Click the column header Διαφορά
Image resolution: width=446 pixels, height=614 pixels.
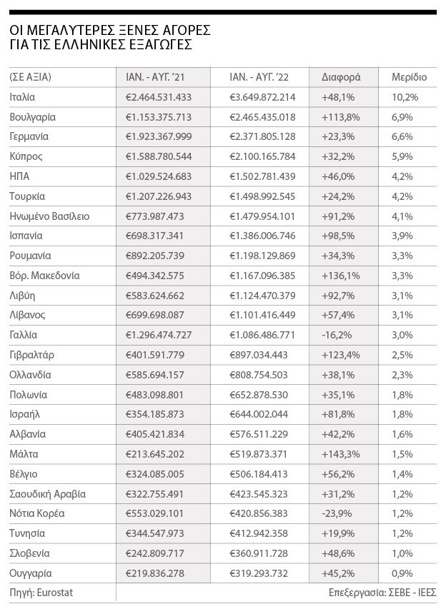341,77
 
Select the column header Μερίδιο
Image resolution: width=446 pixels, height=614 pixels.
410,77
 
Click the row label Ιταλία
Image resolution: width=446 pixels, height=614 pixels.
23,96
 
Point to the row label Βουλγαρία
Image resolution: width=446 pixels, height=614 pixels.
33,116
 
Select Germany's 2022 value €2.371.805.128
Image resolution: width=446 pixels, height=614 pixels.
262,136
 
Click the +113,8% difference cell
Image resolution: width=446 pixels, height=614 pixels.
341,116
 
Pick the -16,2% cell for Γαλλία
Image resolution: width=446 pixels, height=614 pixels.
337,335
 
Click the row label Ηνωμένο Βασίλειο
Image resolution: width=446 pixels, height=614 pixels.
50,216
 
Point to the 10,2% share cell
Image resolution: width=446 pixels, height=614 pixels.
405,96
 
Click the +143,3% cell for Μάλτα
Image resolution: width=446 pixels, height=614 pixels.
341,454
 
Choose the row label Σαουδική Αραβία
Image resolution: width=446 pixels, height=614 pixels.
48,494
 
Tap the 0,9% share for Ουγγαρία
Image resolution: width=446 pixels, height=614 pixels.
403,573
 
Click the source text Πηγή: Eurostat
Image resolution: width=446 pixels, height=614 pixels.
41,593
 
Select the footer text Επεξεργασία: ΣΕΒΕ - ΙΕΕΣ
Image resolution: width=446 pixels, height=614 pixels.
382,593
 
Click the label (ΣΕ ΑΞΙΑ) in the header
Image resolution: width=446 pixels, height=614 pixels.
31,77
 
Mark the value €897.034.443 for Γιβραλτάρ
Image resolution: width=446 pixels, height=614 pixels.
259,355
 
